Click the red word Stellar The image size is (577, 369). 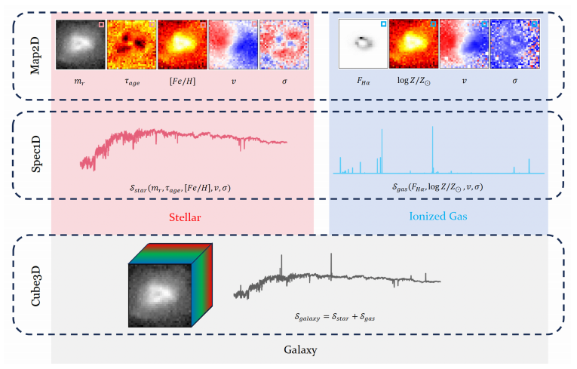pos(183,217)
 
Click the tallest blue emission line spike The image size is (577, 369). pos(432,147)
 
